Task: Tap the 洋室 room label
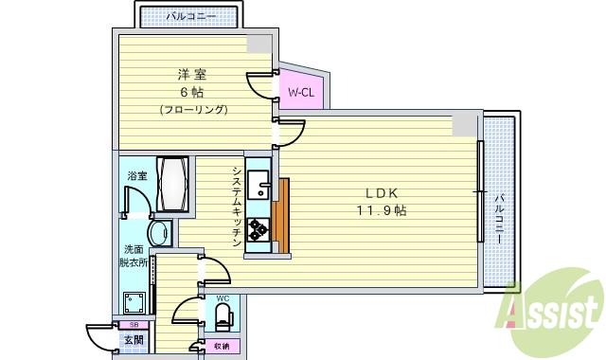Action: click(192, 73)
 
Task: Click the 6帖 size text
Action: click(192, 92)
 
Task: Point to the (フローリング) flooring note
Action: click(192, 110)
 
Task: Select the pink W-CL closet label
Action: click(301, 92)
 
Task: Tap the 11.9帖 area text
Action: click(382, 210)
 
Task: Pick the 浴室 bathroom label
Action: click(137, 175)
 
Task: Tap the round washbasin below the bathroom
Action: click(158, 233)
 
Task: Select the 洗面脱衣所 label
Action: click(132, 255)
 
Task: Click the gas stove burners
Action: click(258, 227)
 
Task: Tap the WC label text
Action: click(223, 299)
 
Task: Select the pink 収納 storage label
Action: click(222, 346)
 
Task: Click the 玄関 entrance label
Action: click(134, 340)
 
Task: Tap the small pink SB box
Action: click(134, 325)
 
